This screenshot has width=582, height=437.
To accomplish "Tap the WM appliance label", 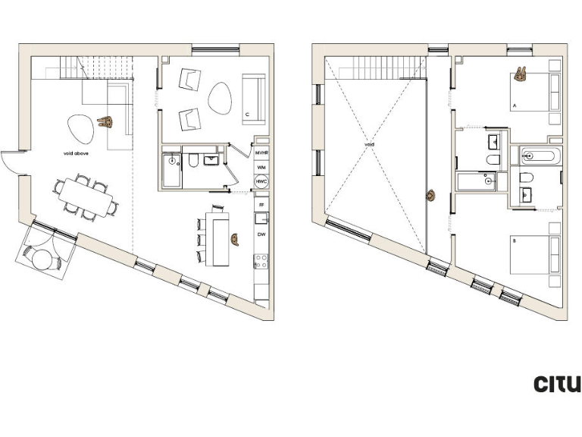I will pyautogui.click(x=261, y=166).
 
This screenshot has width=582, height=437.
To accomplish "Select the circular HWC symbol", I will pyautogui.click(x=261, y=181).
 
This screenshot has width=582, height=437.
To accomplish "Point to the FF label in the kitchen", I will pyautogui.click(x=261, y=206).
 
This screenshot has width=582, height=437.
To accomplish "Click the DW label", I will pyautogui.click(x=261, y=235).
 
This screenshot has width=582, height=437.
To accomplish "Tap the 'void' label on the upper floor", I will pyautogui.click(x=369, y=144).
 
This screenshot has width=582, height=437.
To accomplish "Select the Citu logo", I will pyautogui.click(x=557, y=384).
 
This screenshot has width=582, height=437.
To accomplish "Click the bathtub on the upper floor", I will pyautogui.click(x=539, y=157).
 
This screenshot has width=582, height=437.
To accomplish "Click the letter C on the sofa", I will pyautogui.click(x=247, y=116).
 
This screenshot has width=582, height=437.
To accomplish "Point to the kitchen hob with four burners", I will pyautogui.click(x=261, y=262).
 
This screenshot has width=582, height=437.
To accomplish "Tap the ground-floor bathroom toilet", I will pyautogui.click(x=193, y=161).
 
